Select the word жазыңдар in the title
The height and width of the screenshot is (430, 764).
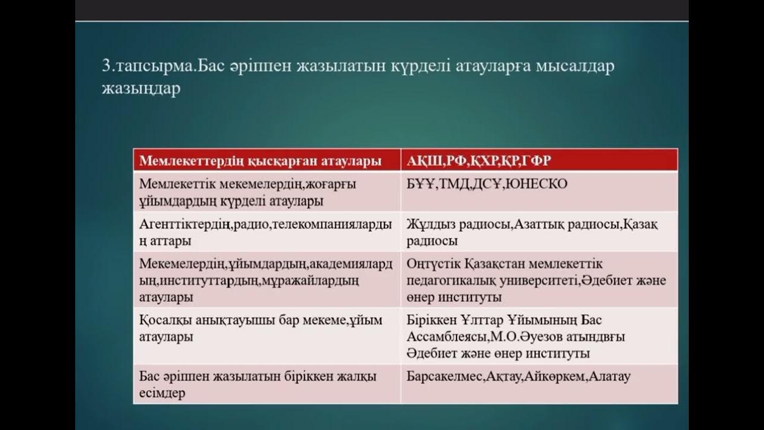pyautogui.click(x=141, y=90)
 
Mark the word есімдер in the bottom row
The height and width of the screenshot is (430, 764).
pyautogui.click(x=162, y=394)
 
